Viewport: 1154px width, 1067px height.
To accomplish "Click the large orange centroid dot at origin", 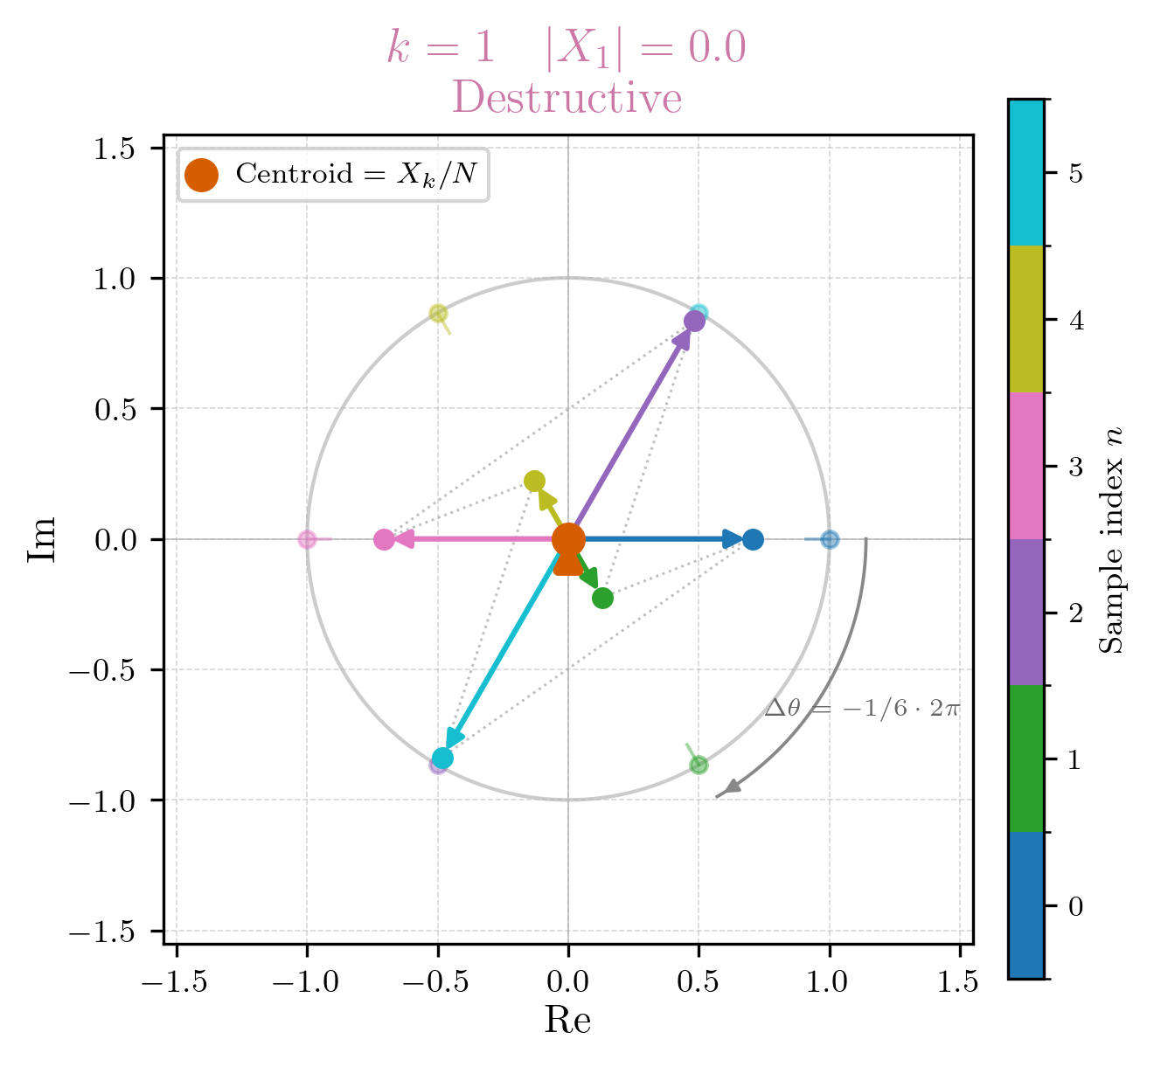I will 568,539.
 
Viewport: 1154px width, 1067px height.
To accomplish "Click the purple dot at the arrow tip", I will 694,321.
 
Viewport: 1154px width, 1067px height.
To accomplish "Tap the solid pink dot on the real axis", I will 384,539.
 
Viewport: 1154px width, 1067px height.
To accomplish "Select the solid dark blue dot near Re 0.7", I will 753,539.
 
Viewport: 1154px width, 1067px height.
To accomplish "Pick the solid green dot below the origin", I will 602,598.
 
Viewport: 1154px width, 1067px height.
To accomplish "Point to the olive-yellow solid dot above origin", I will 534,481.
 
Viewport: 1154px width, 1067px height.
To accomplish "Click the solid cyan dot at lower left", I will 442,758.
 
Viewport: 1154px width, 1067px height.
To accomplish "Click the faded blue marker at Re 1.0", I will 830,539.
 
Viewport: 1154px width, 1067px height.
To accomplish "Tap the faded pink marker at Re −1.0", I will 307,539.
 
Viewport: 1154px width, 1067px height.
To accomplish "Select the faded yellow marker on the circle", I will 438,313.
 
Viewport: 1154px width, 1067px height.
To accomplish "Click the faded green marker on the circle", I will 699,766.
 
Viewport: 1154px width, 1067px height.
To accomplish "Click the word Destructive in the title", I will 567,98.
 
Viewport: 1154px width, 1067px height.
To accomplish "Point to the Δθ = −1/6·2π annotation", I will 862,708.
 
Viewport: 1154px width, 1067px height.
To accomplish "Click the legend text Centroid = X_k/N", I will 357,174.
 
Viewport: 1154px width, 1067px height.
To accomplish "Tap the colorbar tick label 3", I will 1075,466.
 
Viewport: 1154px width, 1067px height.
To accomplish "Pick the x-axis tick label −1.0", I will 306,982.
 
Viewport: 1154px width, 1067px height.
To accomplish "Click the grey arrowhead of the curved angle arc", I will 731,787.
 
